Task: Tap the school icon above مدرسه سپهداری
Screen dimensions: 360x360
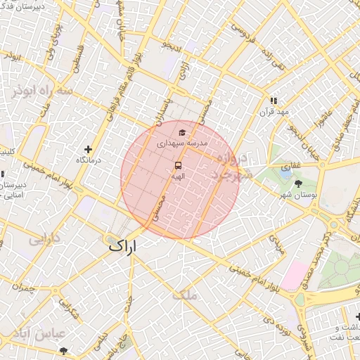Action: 182,132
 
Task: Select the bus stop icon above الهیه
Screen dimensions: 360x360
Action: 178,166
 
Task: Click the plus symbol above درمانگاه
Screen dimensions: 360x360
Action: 88,149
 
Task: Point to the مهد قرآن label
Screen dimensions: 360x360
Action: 274,112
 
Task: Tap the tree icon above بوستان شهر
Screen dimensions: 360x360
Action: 299,184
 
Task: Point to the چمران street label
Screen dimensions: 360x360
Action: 22,286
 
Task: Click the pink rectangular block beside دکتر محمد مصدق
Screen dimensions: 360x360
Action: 295,275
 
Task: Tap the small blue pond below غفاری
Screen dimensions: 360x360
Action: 285,169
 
